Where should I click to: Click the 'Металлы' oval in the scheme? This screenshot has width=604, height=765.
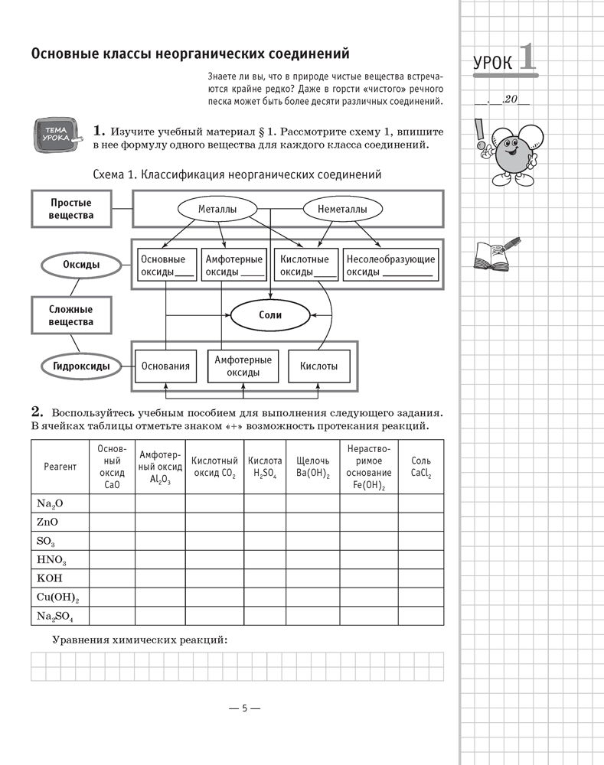coord(217,209)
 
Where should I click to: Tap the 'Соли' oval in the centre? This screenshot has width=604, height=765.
coord(270,314)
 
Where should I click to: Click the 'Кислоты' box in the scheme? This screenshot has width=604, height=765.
coord(318,366)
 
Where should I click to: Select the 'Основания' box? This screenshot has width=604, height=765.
coord(165,366)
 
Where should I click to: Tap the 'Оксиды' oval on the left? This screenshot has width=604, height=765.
coord(81,265)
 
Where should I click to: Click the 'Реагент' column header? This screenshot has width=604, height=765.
coord(60,467)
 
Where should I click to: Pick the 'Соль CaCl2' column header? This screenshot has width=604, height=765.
coord(420,467)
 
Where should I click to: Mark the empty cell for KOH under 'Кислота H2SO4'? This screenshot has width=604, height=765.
coord(265,578)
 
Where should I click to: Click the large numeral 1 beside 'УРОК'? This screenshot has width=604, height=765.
coord(527,59)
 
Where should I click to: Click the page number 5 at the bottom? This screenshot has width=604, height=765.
coord(245,708)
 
